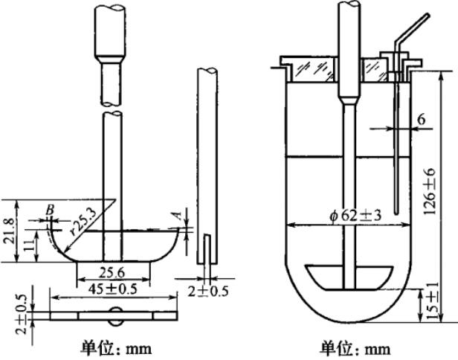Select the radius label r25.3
pos(80,221)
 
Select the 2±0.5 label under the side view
pos(204,284)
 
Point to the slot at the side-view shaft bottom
pos(207,248)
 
